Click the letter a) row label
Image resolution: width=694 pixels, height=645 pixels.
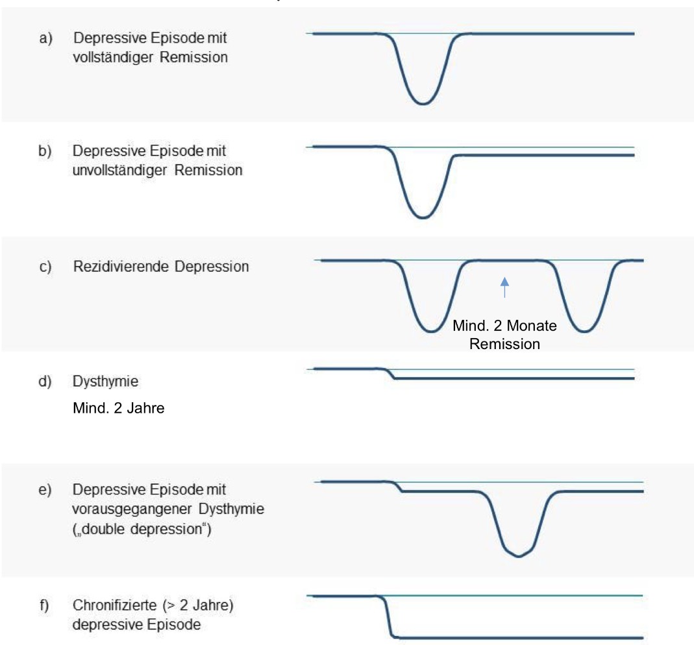45,38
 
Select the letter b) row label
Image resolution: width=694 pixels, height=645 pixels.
45,151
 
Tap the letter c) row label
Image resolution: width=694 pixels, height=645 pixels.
45,267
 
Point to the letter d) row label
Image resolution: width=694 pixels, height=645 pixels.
45,382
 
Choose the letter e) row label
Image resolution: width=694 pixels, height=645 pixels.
45,490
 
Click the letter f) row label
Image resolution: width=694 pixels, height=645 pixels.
44,605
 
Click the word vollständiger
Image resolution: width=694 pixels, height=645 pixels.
113,58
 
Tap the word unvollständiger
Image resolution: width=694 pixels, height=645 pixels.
119,170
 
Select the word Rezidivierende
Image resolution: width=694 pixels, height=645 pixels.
121,266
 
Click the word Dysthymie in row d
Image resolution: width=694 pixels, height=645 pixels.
105,382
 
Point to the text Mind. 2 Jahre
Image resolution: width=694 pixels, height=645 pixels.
119,408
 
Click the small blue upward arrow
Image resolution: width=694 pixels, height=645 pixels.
504,287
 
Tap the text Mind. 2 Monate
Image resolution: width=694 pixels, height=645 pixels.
504,326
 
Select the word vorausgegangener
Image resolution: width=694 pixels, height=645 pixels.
133,509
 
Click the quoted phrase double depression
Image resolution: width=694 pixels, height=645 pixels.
142,529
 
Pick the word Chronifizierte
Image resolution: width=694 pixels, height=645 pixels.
115,605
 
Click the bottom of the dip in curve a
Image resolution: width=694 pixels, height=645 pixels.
423,104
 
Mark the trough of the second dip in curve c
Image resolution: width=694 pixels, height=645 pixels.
584,331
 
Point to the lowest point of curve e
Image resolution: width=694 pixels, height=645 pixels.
518,556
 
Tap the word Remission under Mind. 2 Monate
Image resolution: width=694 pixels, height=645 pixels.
504,344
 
